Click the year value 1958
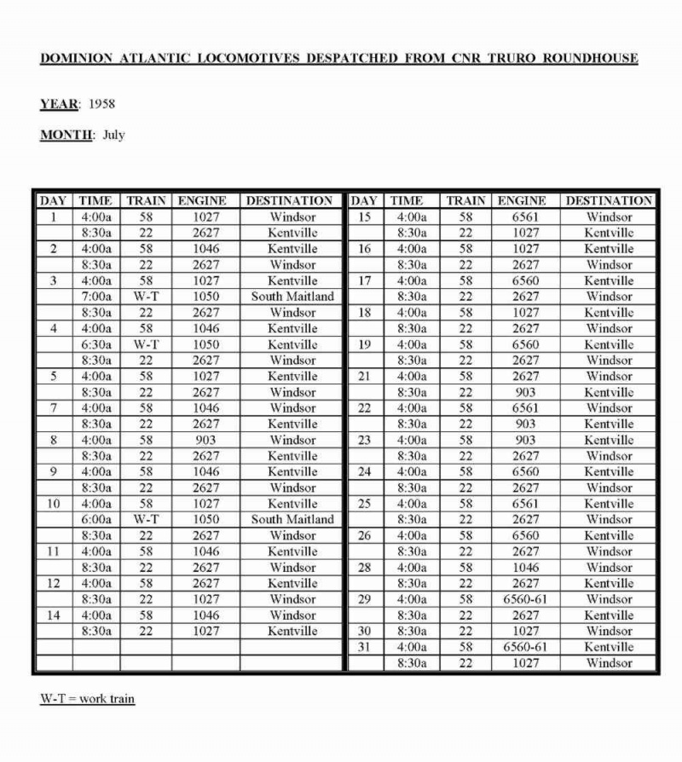pos(101,104)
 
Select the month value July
pos(113,135)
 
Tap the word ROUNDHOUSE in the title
pos(590,59)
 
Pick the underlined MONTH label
pos(67,135)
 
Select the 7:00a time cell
pos(95,297)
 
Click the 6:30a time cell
pos(95,344)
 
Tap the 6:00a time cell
pos(95,519)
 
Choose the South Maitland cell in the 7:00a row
pos(292,297)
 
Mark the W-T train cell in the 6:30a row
pos(146,344)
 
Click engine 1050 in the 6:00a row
pos(205,519)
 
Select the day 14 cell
pos(53,615)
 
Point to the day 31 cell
pos(364,647)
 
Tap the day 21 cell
pos(364,376)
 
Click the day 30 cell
pos(364,631)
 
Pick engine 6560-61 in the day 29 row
pos(526,599)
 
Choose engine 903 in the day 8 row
pos(205,440)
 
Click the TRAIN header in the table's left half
pos(146,201)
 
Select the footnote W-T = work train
pos(87,699)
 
